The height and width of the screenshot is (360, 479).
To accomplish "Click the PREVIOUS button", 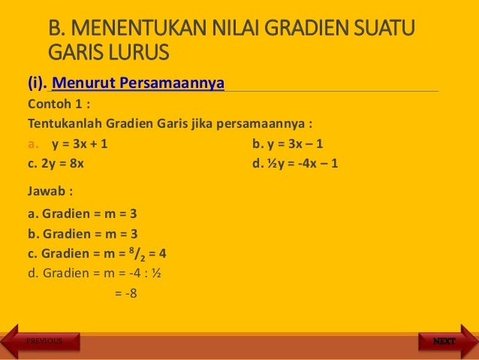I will pos(44,341).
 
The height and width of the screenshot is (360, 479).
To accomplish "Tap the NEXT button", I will pos(443,341).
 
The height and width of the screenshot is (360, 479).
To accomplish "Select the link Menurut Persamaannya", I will pos(137,82).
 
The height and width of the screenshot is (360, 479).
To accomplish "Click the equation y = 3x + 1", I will pos(83,144).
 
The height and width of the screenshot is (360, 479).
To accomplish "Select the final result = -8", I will pos(125,293).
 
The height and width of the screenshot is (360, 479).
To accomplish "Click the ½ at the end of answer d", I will pos(155,273).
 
